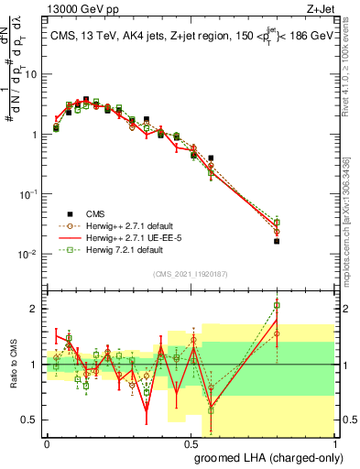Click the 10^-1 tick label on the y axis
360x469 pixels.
(x=27, y=194)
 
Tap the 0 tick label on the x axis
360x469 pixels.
(x=47, y=443)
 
